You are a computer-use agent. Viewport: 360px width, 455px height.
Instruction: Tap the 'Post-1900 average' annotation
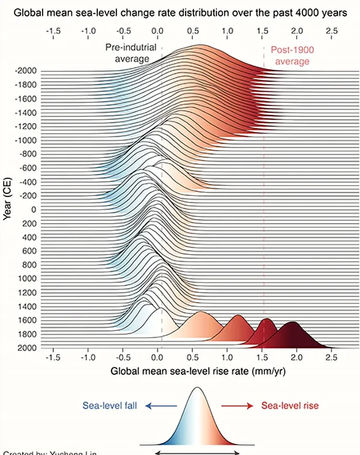[292, 56]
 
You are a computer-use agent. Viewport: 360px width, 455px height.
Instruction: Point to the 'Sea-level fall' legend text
[109, 406]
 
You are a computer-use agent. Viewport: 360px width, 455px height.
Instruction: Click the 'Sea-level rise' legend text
[290, 406]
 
